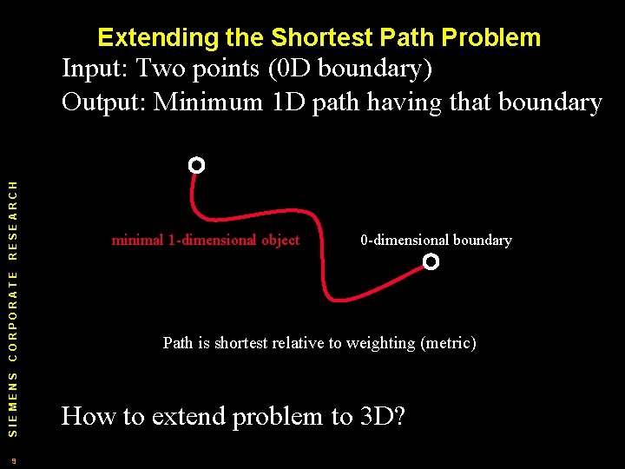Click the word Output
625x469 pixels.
(102, 102)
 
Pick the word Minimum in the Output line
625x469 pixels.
(208, 102)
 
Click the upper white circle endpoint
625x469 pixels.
(197, 165)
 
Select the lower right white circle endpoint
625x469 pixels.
(431, 261)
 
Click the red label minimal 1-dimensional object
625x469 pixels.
(206, 240)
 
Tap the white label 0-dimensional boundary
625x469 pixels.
(436, 240)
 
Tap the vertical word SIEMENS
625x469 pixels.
(12, 401)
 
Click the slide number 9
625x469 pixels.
(13, 460)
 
